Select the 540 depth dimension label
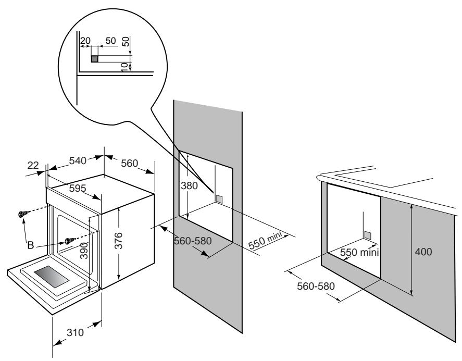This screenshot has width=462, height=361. pos(79,161)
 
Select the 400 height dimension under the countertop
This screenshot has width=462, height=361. pos(424,252)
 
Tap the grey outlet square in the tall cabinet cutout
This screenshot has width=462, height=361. pos(219,198)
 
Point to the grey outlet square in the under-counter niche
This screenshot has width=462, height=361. pos(368,235)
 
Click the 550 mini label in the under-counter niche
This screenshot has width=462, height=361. pos(359,252)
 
